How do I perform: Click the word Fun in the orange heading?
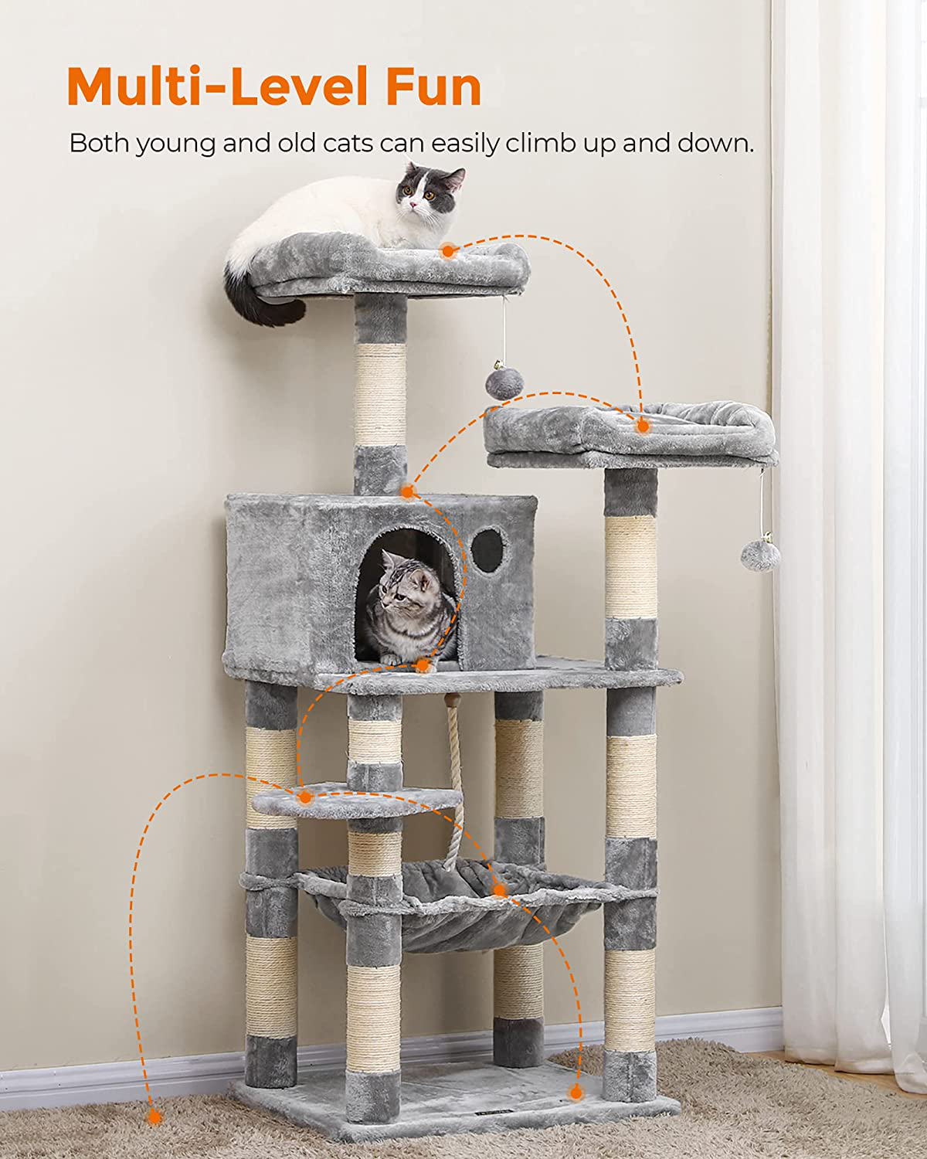433,86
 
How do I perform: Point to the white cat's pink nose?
413,205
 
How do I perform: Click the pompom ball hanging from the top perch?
504,383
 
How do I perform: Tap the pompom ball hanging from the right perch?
760,554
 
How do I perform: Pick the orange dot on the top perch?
447,250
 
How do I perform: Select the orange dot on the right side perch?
642,426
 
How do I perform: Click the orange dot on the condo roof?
408,491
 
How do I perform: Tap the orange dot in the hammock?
500,890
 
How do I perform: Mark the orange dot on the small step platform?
305,797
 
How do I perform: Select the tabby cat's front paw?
392,658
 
